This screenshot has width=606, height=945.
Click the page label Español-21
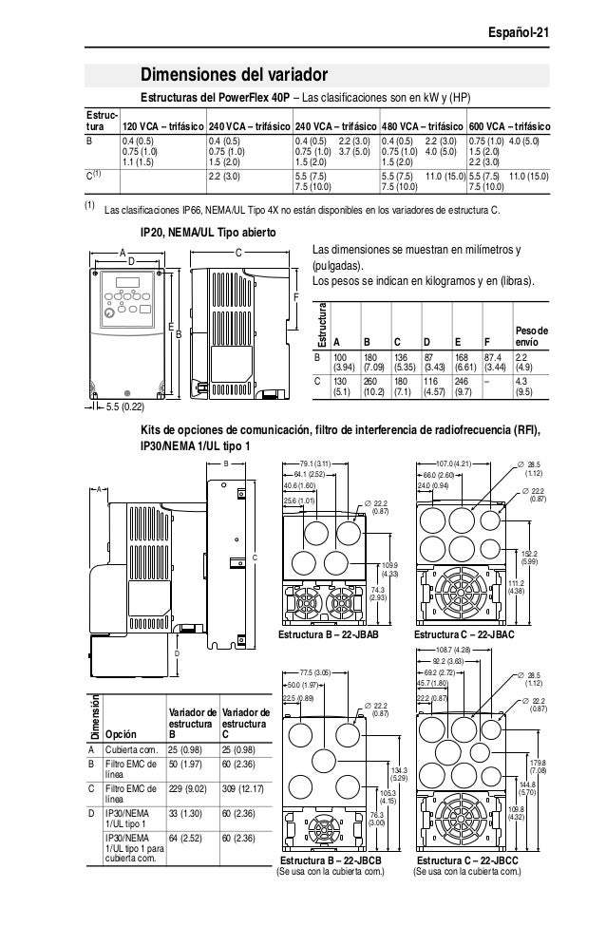point(520,34)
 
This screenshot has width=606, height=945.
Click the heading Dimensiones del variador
point(235,75)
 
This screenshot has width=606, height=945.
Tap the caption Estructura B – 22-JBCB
point(331,860)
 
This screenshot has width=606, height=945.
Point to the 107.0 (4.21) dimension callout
point(454,464)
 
